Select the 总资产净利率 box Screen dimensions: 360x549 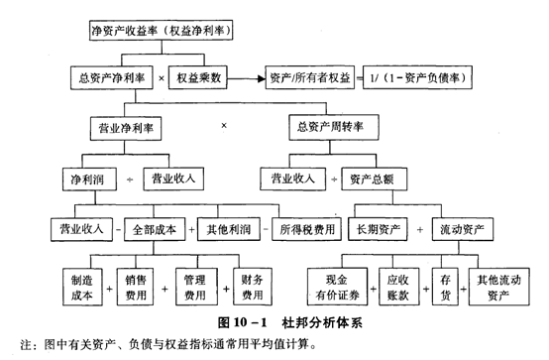pyautogui.click(x=108, y=76)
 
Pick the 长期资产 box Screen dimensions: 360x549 pyautogui.click(x=381, y=230)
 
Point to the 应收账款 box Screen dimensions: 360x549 pyautogui.click(x=397, y=286)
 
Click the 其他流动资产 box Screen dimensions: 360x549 pyautogui.click(x=494, y=286)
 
